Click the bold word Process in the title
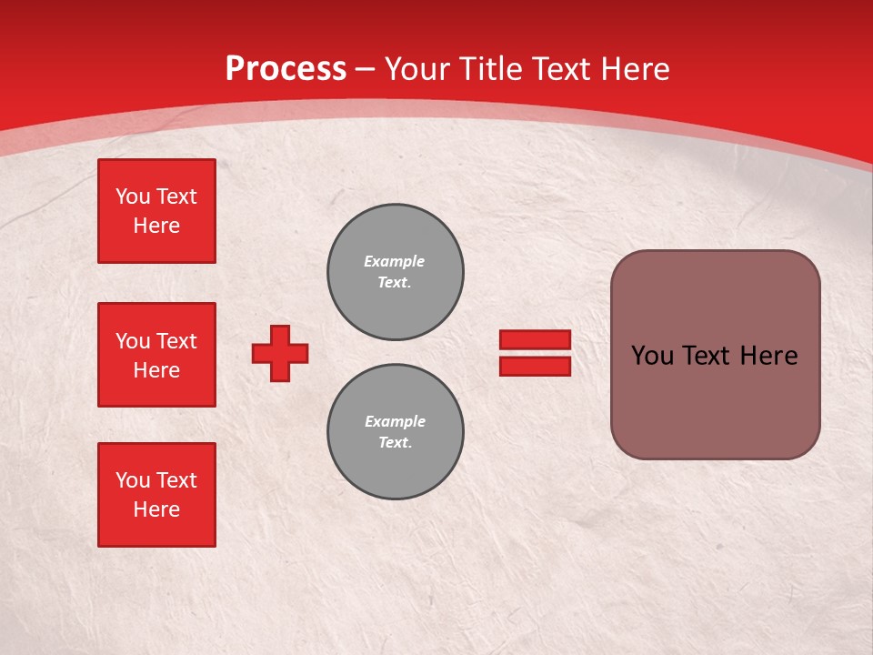coord(286,69)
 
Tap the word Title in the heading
coord(490,69)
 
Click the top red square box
coord(156,211)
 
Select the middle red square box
coord(156,355)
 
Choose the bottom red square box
coord(156,495)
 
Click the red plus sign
coord(280,353)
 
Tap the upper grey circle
coord(396,272)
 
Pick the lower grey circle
coord(396,432)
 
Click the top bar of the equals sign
coord(535,339)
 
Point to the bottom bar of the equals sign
coord(535,366)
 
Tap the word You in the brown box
coord(652,356)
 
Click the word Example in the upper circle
coord(395,262)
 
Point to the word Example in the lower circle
coord(395,422)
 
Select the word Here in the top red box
coord(156,226)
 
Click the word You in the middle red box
coord(132,341)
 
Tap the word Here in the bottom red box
coord(156,509)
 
